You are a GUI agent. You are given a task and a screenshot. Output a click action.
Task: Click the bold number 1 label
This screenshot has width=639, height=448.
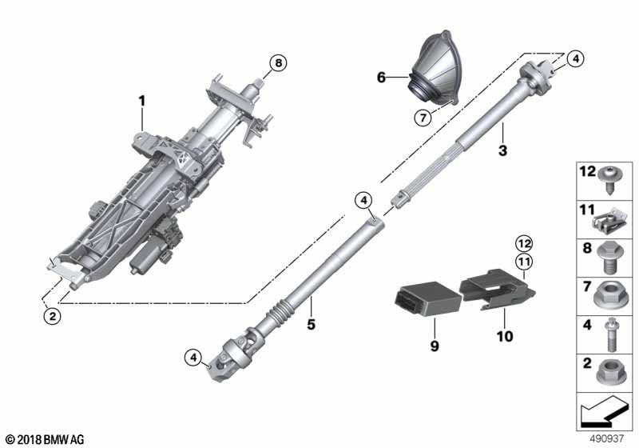[142, 101]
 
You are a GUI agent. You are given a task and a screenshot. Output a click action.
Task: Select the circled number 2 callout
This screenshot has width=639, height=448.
[52, 316]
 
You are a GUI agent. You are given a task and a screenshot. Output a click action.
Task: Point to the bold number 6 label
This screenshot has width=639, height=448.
[382, 78]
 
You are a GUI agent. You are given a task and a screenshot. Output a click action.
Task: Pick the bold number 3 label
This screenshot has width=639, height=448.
[502, 150]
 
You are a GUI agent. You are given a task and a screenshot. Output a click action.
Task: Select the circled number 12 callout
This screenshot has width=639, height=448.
[522, 242]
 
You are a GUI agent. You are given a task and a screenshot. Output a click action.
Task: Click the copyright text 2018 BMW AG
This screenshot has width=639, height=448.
[45, 439]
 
